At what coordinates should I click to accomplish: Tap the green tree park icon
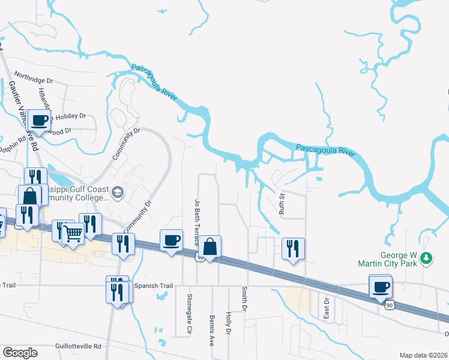[x=426, y=258]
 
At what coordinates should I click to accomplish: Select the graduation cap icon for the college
[x=117, y=192]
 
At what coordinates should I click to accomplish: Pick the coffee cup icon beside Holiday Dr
[x=40, y=119]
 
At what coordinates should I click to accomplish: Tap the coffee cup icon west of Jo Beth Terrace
[x=172, y=240]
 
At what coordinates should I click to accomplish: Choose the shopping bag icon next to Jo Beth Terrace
[x=210, y=246]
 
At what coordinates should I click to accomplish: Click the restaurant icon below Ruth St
[x=293, y=248]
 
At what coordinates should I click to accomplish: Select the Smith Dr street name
[x=245, y=298]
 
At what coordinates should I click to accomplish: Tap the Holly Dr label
[x=228, y=322]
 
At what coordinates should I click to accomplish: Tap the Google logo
[x=20, y=353]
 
